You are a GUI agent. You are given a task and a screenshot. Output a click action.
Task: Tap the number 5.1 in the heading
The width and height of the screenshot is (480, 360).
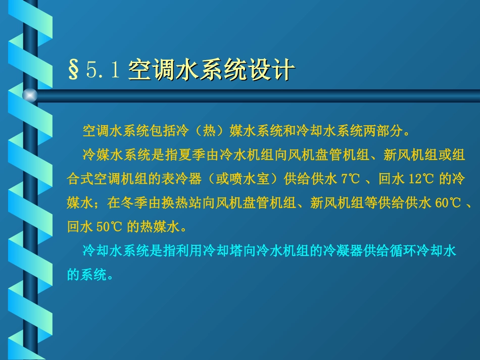[x=103, y=71]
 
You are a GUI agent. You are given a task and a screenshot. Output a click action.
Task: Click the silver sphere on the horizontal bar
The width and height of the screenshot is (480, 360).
[x=30, y=95]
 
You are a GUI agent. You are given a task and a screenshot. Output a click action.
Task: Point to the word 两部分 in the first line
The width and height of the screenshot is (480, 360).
[x=389, y=131]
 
